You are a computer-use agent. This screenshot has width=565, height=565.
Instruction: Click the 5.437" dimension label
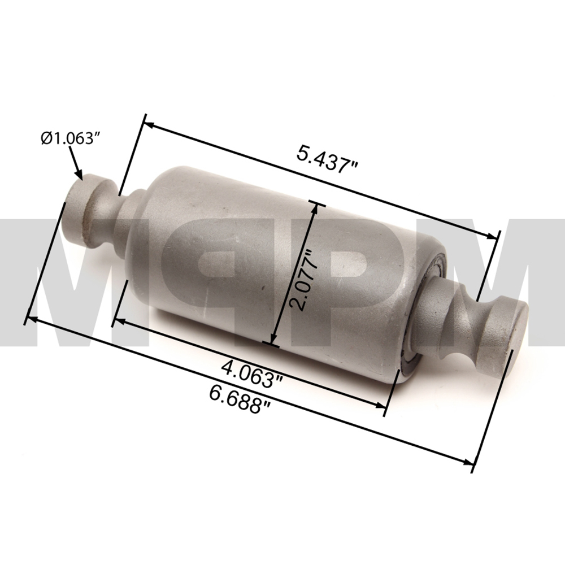coord(329,155)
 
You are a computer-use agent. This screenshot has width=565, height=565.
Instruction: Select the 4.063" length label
coord(252,373)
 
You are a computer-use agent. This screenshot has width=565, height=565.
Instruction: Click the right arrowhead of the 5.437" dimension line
coord(495,237)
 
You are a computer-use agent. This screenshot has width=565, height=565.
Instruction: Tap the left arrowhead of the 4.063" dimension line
coord(118,321)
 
